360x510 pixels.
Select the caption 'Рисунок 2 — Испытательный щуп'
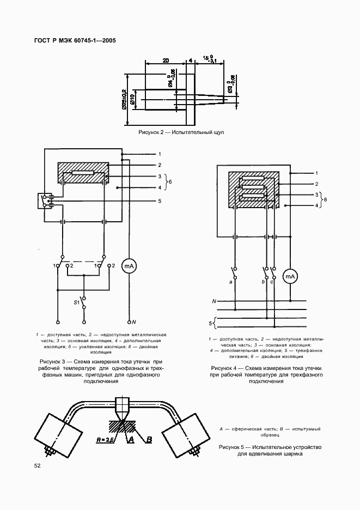[181, 132]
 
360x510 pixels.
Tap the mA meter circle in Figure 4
[290, 277]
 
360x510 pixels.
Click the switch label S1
[77, 301]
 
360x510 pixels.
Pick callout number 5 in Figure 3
[160, 201]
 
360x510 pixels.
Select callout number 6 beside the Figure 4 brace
[326, 200]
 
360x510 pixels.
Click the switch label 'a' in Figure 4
[231, 282]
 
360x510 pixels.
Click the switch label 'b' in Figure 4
[263, 282]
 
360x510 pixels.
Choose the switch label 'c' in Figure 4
[271, 282]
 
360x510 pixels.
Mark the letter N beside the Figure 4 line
[214, 301]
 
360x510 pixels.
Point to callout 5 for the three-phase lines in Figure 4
[211, 324]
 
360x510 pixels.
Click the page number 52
[38, 465]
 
